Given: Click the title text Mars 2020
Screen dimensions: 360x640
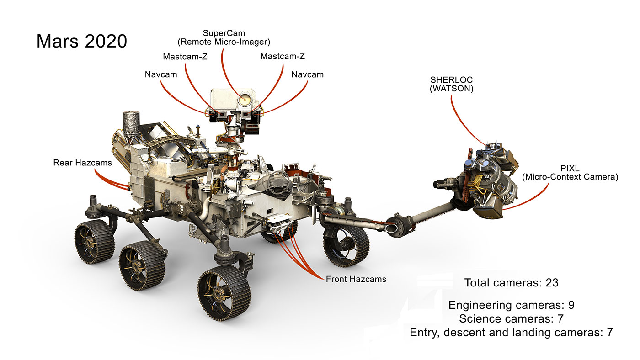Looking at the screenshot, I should coord(81,41).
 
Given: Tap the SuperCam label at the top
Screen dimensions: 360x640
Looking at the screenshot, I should coord(224,33).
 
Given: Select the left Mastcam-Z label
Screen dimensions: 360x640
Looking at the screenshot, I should coord(185,57).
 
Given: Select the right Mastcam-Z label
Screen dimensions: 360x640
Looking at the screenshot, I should coord(282,57).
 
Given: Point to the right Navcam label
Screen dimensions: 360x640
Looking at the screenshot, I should coord(307,74).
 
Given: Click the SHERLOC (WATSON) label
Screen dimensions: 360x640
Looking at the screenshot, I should coord(451,85).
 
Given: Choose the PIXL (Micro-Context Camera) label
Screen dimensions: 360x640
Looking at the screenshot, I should coord(570,172).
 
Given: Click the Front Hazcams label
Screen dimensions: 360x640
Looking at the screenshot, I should coord(356,279).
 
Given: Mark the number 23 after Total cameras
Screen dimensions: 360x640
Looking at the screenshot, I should coord(552,283).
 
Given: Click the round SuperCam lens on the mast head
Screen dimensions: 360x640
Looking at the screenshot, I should coord(243,99).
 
